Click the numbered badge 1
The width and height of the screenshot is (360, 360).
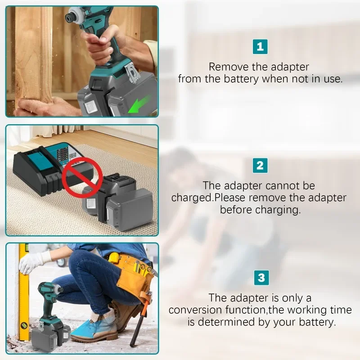[x=260, y=47]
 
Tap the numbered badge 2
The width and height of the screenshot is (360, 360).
[x=260, y=165]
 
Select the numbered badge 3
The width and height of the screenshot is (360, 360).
[x=261, y=278]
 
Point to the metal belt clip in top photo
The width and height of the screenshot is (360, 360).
[x=133, y=72]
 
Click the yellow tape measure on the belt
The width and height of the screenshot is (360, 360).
[x=114, y=257]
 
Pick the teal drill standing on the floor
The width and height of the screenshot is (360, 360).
[x=49, y=310]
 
